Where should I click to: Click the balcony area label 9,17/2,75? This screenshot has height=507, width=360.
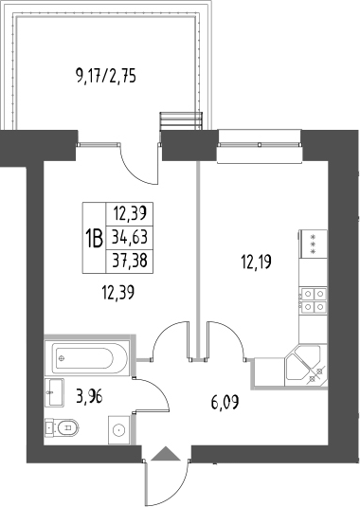(106, 77)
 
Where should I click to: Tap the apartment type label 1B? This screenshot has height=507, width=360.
(94, 238)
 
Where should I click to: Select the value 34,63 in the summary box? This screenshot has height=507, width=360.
(130, 237)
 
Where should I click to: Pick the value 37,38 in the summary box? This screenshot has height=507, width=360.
(130, 261)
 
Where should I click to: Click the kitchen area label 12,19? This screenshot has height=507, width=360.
(257, 262)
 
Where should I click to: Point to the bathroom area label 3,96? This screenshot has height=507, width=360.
(89, 396)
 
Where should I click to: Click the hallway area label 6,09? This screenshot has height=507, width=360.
(225, 403)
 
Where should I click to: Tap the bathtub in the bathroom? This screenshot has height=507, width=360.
(87, 357)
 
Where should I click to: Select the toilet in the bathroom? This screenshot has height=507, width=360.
(62, 427)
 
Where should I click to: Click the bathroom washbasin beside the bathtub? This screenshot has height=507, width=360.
(54, 392)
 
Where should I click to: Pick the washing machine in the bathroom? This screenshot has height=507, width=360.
(119, 429)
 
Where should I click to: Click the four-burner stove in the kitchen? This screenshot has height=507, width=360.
(314, 299)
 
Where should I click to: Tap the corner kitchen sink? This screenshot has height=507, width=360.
(305, 366)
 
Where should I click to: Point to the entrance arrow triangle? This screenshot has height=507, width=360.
(166, 453)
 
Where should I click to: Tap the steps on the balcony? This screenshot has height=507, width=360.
(181, 121)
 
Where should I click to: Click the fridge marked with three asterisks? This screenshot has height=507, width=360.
(313, 244)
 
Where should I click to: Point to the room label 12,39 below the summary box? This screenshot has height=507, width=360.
(118, 293)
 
